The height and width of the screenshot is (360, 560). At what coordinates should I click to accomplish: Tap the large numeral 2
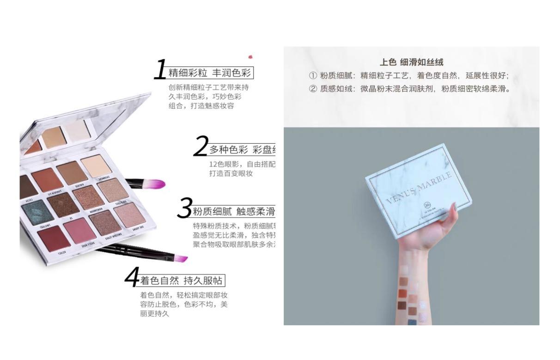[201, 146]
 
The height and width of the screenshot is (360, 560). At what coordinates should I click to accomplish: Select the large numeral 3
[185, 208]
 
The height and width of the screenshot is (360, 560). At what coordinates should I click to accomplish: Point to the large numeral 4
[132, 277]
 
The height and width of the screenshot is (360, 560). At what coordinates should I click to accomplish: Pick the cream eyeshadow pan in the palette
[96, 165]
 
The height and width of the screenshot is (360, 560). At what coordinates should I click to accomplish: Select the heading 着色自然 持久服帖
[182, 281]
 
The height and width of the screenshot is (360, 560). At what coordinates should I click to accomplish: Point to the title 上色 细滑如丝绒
[411, 62]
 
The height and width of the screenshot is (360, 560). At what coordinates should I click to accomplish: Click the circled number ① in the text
[313, 76]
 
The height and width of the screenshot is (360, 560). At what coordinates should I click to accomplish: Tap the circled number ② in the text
[313, 89]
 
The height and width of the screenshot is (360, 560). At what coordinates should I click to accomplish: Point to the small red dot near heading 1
[250, 57]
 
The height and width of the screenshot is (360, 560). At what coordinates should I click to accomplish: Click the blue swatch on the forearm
[411, 322]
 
